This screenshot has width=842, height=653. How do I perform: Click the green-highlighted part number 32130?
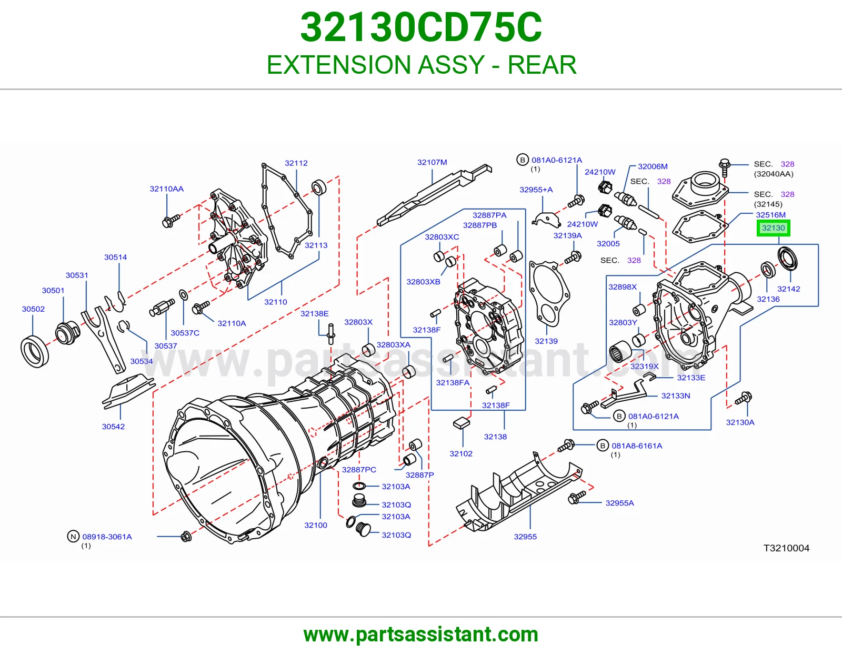pos(773,228)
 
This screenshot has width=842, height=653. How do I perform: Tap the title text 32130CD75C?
pos(421,27)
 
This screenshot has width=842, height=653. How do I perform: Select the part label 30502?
pos(33,309)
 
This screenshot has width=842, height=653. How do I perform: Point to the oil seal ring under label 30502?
pos(34,352)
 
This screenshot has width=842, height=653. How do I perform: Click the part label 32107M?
pos(432,162)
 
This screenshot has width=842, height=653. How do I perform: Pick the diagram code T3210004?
pos(786,548)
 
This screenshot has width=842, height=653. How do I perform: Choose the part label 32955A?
pos(619,503)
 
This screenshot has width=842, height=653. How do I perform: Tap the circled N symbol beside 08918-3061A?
pos(73,536)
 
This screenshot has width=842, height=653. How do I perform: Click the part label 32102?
pos(460,454)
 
